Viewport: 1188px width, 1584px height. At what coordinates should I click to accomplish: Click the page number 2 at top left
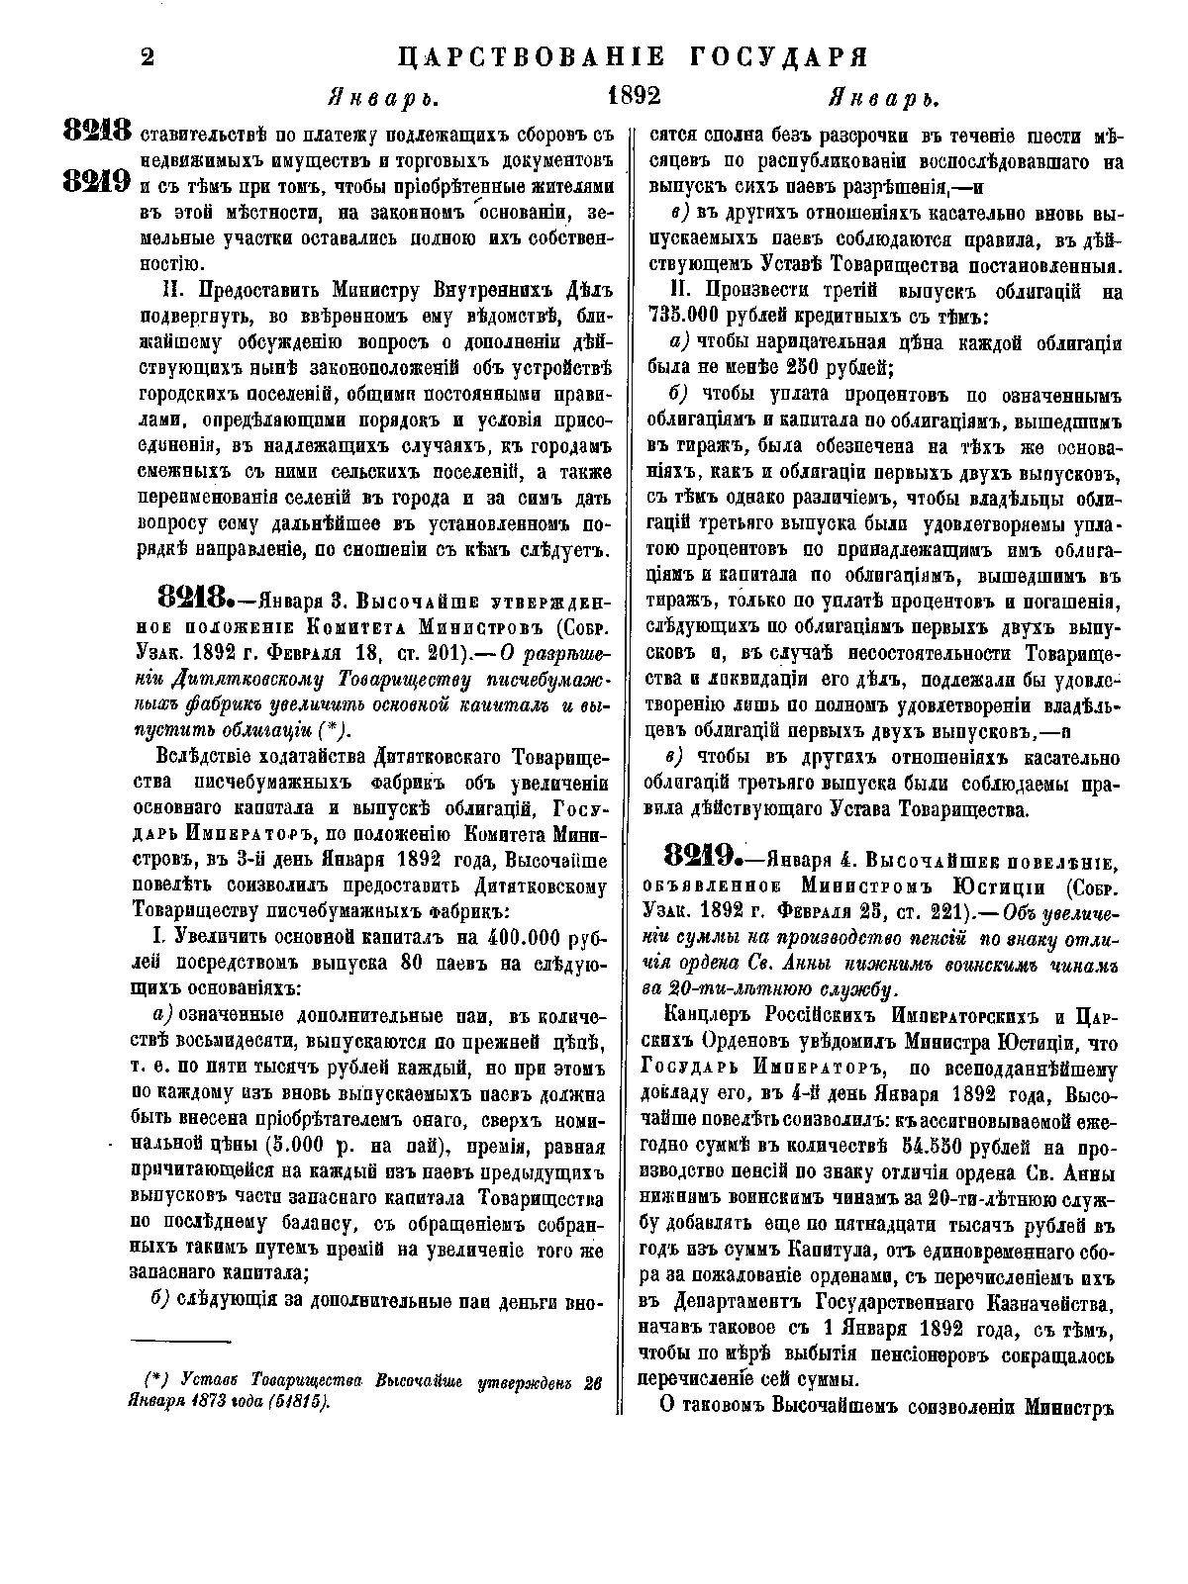[148, 57]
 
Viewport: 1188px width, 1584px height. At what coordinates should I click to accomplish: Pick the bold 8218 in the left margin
[97, 131]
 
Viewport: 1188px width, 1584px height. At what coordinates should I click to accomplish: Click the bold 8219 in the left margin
[97, 183]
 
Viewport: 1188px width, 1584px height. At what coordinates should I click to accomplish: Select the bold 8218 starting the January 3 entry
[193, 600]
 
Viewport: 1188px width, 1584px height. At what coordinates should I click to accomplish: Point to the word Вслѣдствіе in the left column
[208, 758]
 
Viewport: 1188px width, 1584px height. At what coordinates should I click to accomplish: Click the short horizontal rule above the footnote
[168, 1341]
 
